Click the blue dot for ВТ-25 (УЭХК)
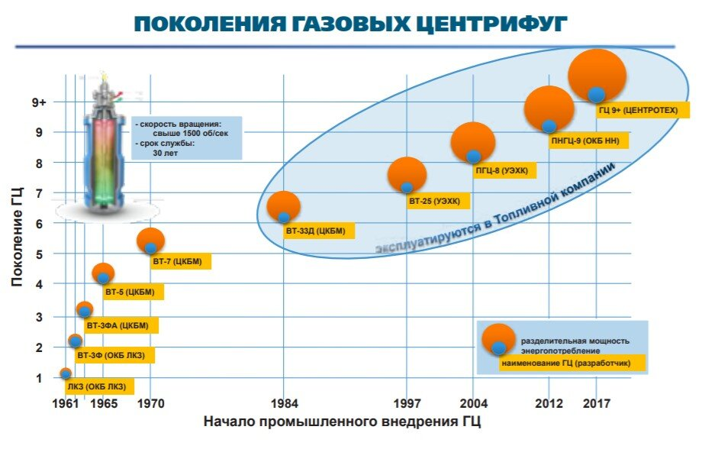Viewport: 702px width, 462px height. click(x=407, y=187)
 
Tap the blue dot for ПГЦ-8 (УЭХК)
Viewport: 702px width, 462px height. click(x=473, y=157)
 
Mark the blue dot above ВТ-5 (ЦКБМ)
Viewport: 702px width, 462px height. click(x=103, y=279)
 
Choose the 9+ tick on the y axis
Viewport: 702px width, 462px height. click(x=39, y=102)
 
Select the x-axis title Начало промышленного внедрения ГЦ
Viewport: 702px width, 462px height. click(x=343, y=422)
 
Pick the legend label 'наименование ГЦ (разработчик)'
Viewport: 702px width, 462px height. click(x=565, y=363)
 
